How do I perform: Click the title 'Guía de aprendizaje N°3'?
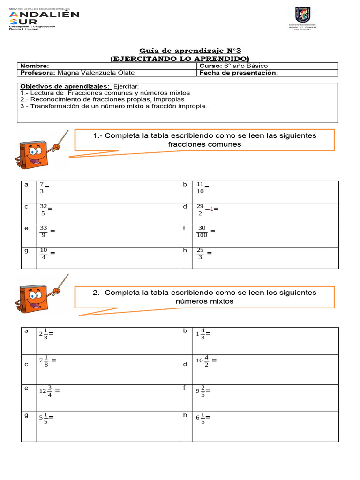point(191,51)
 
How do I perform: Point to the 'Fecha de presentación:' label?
point(239,73)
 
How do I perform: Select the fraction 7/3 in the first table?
point(42,187)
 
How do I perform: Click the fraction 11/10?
point(201,187)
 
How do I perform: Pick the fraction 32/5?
point(43,210)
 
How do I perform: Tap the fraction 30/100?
point(202,232)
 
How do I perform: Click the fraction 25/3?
point(201,254)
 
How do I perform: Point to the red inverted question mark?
point(212,210)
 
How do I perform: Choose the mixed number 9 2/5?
point(201,391)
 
